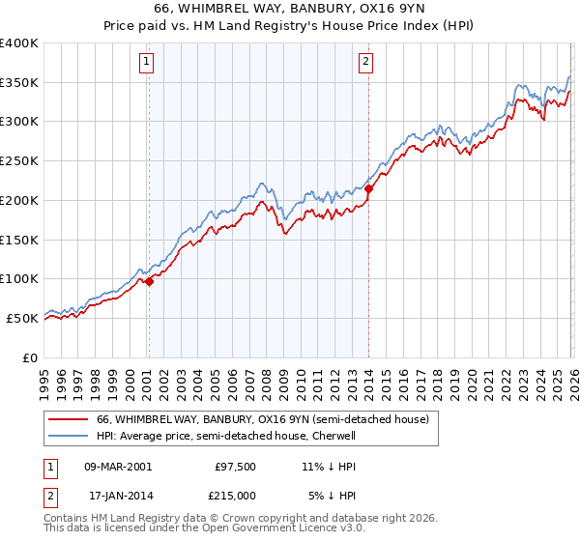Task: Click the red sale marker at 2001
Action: (x=149, y=281)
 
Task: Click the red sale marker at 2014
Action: (x=368, y=188)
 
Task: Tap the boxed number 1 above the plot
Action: (x=146, y=63)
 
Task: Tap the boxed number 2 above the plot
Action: (x=366, y=63)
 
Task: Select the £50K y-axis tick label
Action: (x=22, y=318)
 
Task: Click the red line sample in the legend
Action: (x=69, y=419)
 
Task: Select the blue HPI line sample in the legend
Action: (x=69, y=437)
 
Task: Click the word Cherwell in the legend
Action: (x=333, y=437)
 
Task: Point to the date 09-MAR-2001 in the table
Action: (x=117, y=466)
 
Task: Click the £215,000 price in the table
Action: (x=236, y=496)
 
